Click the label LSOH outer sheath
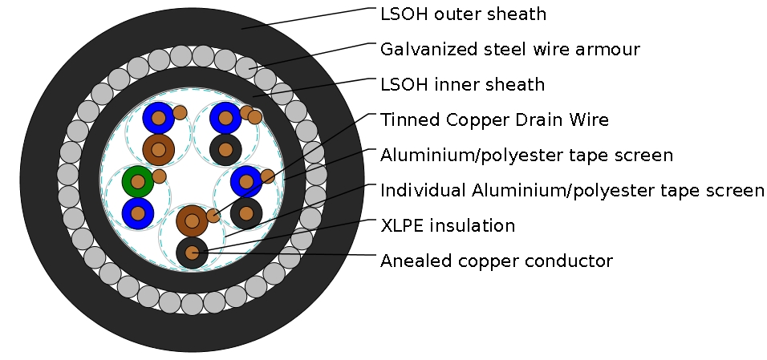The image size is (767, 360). (463, 14)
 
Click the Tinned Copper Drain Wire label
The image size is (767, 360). (494, 120)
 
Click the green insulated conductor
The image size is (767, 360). (138, 182)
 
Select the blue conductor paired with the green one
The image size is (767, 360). (138, 213)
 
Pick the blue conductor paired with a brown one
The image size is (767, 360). (159, 119)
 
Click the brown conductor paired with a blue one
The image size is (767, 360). (159, 149)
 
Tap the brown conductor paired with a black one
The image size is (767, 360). (192, 220)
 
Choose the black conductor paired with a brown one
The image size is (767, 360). (192, 253)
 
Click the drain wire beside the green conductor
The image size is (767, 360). (159, 176)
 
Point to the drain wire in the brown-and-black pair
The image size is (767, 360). (213, 215)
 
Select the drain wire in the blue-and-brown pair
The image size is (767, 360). (180, 112)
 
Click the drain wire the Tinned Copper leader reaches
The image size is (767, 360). (268, 176)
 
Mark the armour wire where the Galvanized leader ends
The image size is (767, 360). (246, 67)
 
